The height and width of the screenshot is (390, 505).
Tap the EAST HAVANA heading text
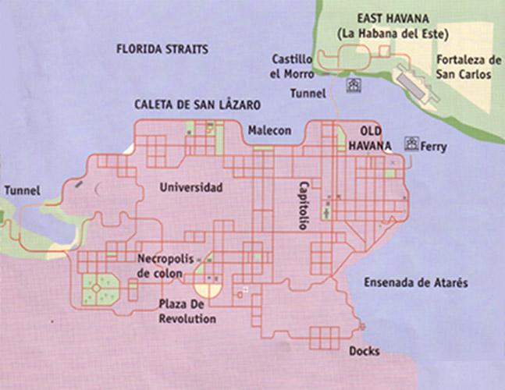pos(390,19)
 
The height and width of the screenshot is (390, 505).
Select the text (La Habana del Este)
pos(390,34)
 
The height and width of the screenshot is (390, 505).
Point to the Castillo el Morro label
pos(292,66)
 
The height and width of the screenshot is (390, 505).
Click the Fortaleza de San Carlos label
pos(468,66)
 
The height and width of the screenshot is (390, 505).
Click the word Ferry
pos(433,146)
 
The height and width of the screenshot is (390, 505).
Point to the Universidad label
pos(190,187)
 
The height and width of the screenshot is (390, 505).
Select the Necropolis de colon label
pos(165,264)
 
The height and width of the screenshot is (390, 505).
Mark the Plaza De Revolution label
pos(187,310)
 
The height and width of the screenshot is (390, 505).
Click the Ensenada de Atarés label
pos(416,282)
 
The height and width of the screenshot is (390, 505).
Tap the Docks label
pos(365,351)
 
